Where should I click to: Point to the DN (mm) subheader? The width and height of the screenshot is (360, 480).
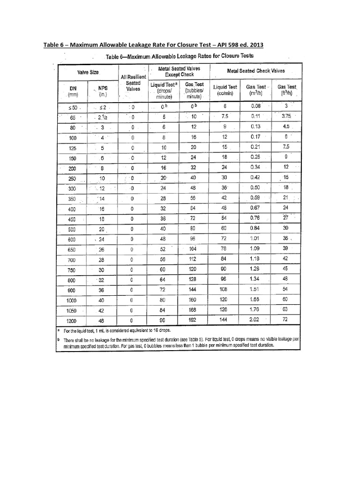click(x=72, y=90)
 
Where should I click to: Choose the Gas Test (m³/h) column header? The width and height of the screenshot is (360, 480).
click(x=255, y=90)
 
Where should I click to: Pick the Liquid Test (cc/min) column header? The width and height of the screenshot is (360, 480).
click(x=225, y=90)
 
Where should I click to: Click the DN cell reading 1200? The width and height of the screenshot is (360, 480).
click(x=72, y=321)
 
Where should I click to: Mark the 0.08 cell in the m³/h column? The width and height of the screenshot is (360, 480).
click(x=255, y=106)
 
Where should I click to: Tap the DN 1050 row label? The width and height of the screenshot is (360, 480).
click(x=72, y=310)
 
